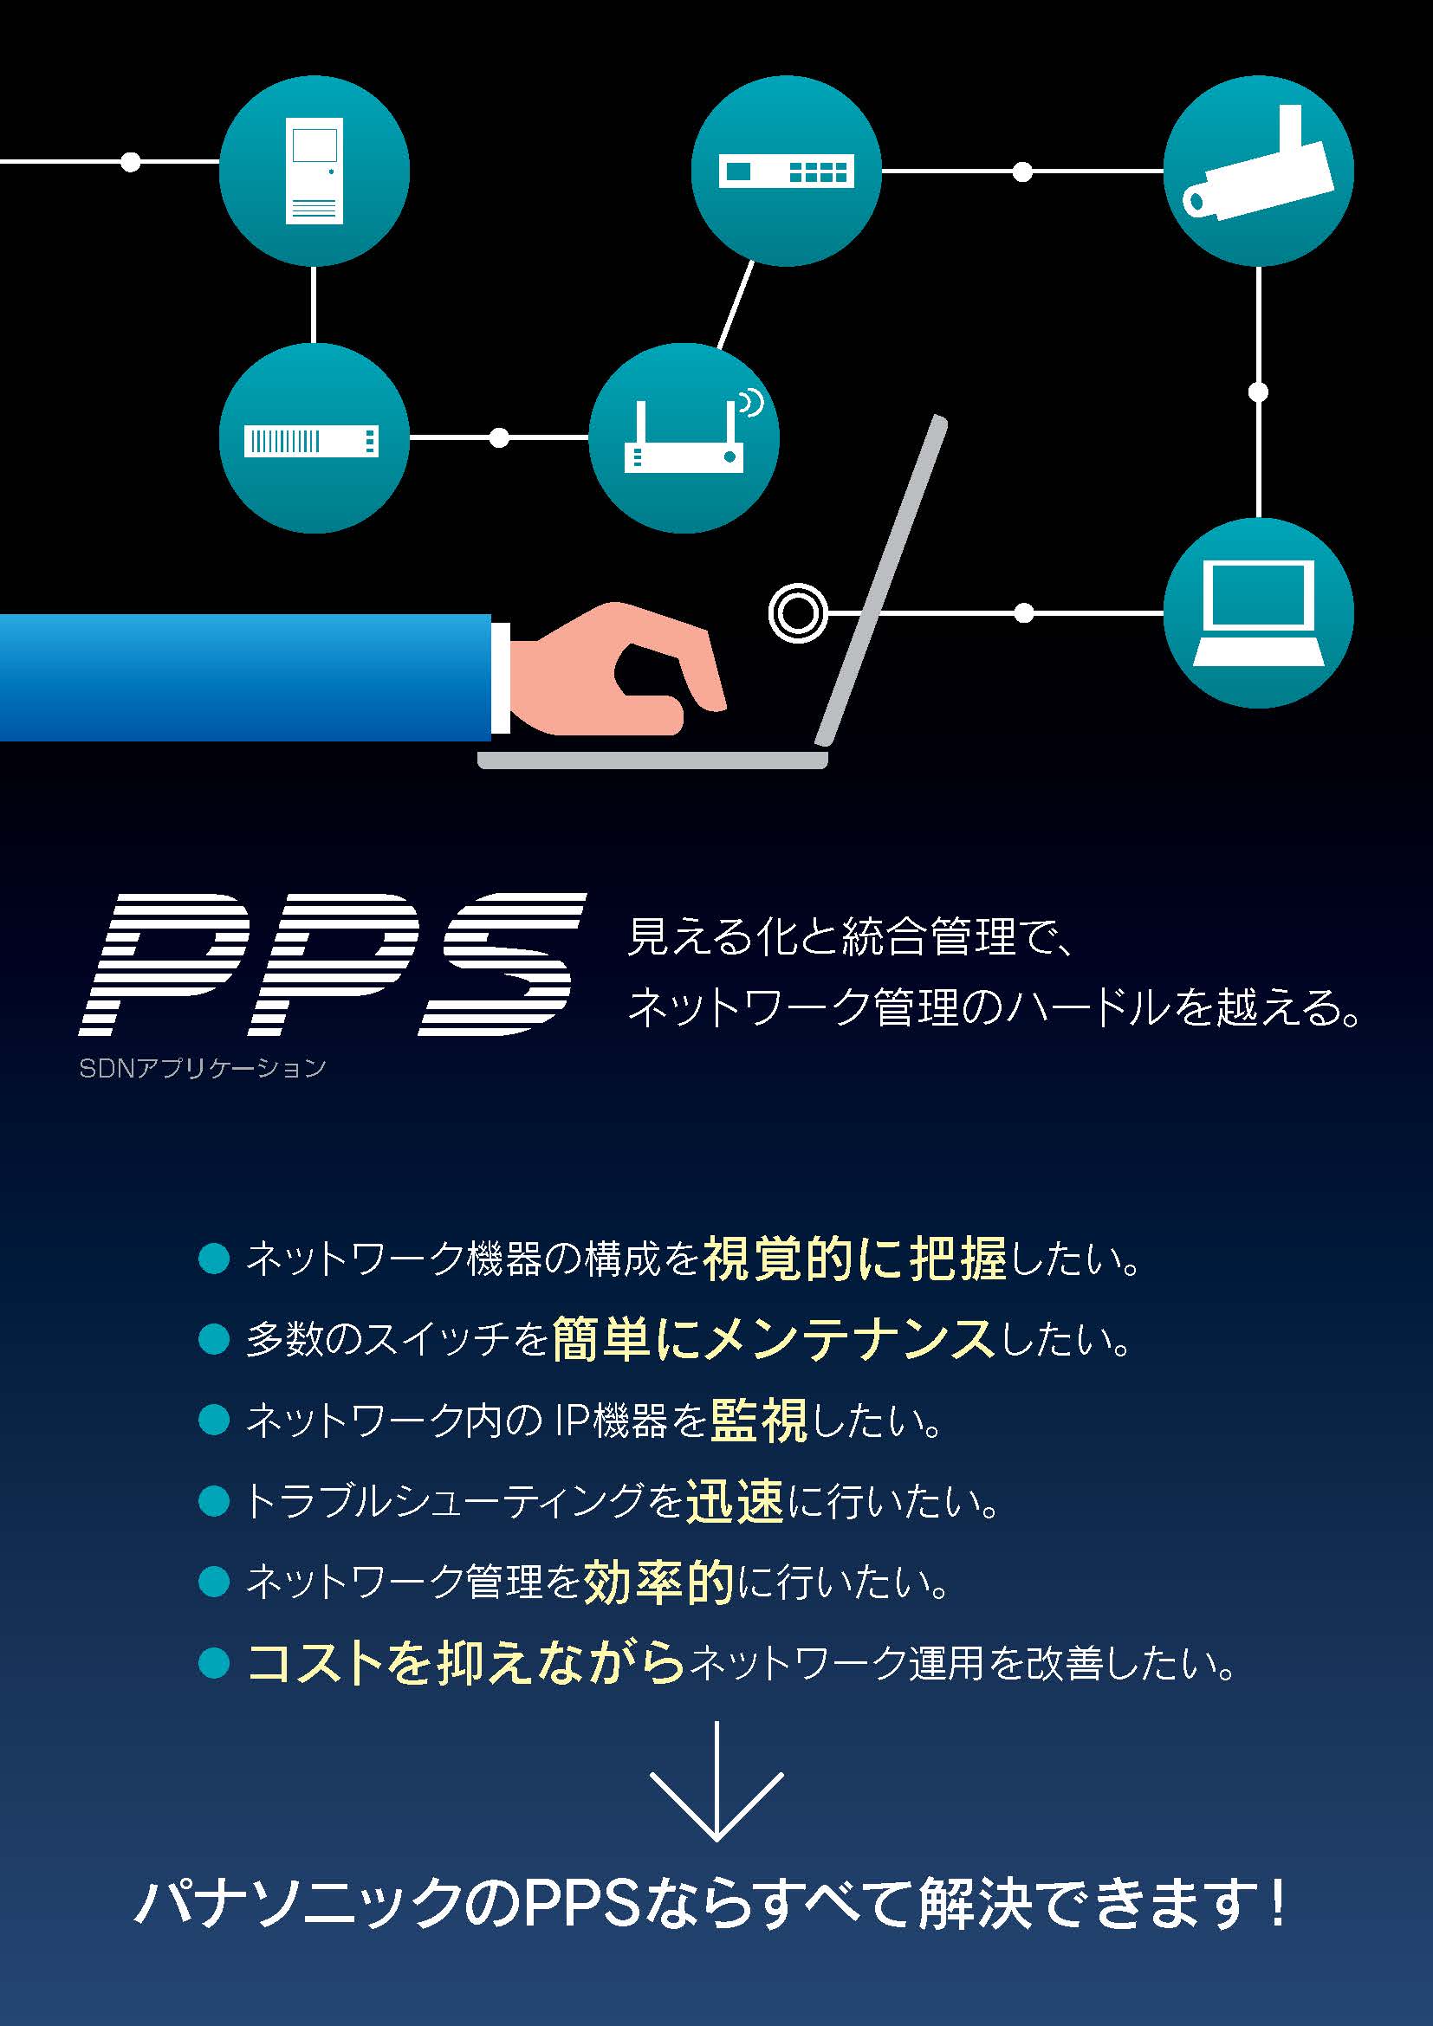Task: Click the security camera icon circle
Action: [x=1257, y=172]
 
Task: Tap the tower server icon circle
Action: [x=314, y=172]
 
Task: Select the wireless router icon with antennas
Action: [x=684, y=438]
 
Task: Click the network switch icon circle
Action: [x=785, y=172]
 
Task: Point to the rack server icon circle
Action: [x=314, y=438]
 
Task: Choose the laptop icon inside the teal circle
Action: [x=1257, y=612]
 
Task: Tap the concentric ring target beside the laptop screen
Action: [x=798, y=612]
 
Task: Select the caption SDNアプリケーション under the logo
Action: [x=202, y=1069]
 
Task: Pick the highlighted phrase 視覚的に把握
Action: [x=854, y=1259]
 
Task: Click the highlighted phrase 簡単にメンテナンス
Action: [x=773, y=1339]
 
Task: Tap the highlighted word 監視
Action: [x=758, y=1421]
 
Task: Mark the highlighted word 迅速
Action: [x=734, y=1502]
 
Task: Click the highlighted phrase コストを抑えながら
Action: [x=466, y=1663]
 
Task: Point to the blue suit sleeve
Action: [x=244, y=676]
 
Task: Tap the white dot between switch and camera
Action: [x=1021, y=172]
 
